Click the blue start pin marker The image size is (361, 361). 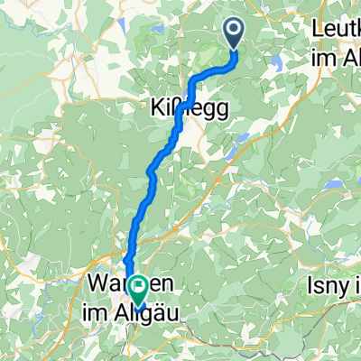pos(234,33)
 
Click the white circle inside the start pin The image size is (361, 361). pos(234,31)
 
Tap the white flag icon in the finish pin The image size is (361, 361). pos(139,287)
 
